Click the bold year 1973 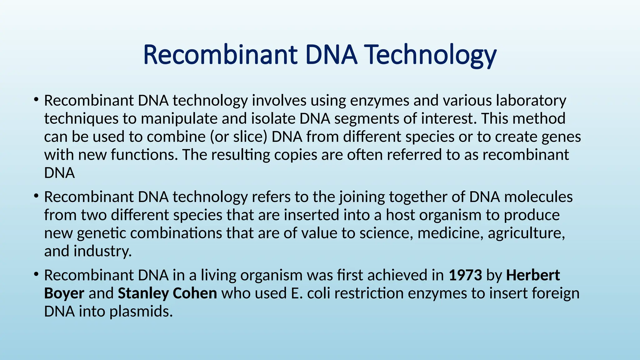pos(465,275)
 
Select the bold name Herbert pos(533,275)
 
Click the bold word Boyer pos(64,293)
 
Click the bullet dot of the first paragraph pos(36,100)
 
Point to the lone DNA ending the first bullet pos(59,173)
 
